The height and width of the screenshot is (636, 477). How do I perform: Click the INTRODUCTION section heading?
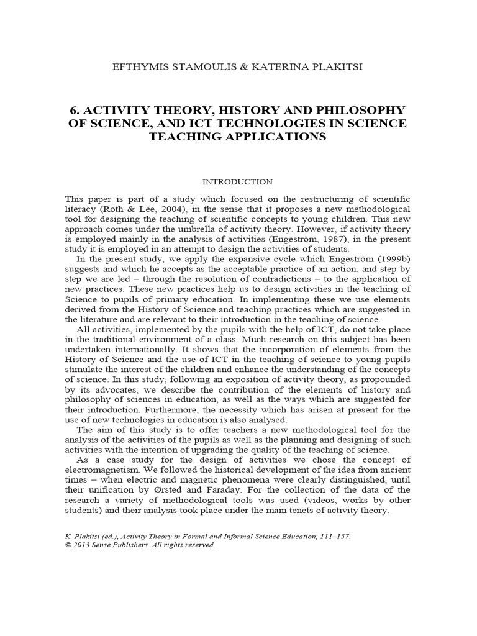point(238,182)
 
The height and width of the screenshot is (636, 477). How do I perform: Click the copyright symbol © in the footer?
point(68,545)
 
